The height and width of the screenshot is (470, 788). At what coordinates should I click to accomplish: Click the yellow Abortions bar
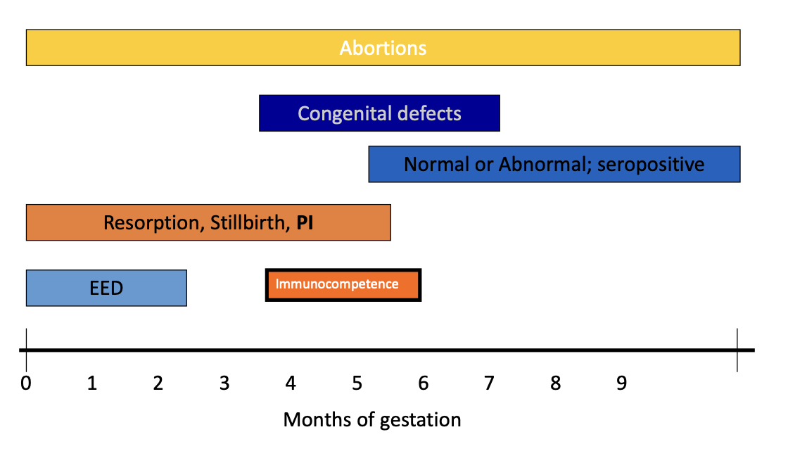pyautogui.click(x=383, y=48)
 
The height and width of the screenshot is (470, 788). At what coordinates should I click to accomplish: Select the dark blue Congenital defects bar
pyautogui.click(x=379, y=113)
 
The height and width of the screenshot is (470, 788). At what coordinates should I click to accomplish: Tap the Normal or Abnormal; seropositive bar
pyautogui.click(x=554, y=165)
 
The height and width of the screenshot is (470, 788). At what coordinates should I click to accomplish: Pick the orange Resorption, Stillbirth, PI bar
pyautogui.click(x=208, y=222)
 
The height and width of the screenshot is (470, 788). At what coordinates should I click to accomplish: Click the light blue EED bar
pyautogui.click(x=106, y=288)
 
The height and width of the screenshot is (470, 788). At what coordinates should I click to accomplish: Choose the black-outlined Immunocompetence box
pyautogui.click(x=343, y=285)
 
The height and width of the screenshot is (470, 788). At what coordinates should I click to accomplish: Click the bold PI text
pyautogui.click(x=305, y=222)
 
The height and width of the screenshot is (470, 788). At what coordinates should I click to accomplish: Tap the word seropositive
pyautogui.click(x=651, y=165)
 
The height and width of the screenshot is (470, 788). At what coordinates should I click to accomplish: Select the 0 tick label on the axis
pyautogui.click(x=26, y=383)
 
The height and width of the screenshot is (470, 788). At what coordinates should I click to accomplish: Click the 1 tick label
pyautogui.click(x=92, y=383)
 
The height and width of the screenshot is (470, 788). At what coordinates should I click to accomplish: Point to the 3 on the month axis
pyautogui.click(x=224, y=383)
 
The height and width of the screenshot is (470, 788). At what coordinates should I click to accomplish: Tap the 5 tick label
pyautogui.click(x=357, y=383)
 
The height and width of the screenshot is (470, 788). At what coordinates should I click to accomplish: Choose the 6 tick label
pyautogui.click(x=424, y=383)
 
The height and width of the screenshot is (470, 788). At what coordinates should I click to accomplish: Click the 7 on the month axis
pyautogui.click(x=490, y=383)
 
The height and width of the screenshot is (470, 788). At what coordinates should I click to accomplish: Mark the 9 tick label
pyautogui.click(x=622, y=383)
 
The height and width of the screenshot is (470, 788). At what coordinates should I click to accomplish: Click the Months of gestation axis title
pyautogui.click(x=372, y=420)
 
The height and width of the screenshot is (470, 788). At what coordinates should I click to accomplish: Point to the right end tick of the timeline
pyautogui.click(x=737, y=350)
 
